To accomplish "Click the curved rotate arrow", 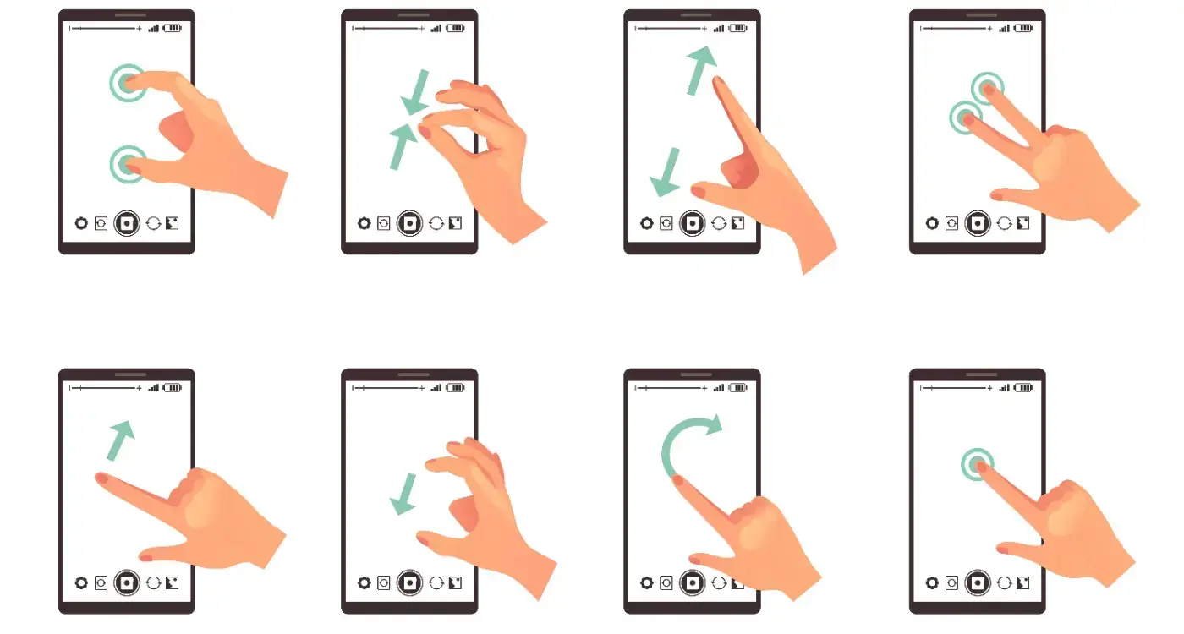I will pos(677,440).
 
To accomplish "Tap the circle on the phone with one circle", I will pos(978,464).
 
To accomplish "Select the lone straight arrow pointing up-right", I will pos(121,440).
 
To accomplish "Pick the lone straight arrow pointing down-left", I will pos(403,495).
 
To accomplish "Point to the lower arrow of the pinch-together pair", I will pos(402,145).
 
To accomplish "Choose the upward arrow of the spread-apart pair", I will pos(700,70).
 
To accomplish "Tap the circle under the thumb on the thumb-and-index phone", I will pos(127,164).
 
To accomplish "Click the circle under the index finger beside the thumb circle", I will pos(127,83).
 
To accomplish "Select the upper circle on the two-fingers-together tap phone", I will pos(986,87).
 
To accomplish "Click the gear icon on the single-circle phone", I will pos(932,582).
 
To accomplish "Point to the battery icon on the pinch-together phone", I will pos(456,28).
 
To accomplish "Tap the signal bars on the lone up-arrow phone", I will pos(153,388).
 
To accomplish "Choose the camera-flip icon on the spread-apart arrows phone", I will pos(719,223).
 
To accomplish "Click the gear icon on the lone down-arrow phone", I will pos(365,582).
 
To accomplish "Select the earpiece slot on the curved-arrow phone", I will pos(692,374).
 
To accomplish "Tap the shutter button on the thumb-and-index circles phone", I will pos(127,223).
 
